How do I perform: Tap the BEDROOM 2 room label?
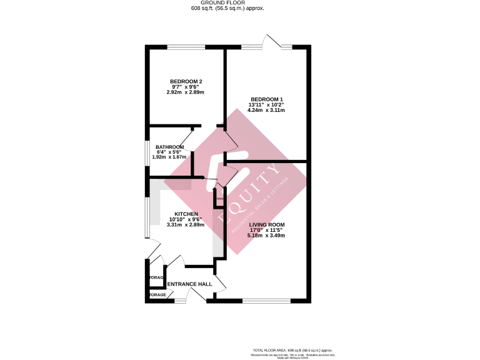tap(186, 81)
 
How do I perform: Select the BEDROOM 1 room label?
tap(266, 99)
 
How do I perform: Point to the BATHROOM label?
tap(169, 147)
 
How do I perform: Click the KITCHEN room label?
tap(186, 214)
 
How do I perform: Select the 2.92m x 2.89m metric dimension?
tap(186, 92)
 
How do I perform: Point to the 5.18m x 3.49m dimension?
tap(266, 236)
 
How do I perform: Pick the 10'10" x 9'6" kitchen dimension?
tap(186, 219)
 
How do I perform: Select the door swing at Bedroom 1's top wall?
tap(272, 41)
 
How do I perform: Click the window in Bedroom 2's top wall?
tap(186, 47)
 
